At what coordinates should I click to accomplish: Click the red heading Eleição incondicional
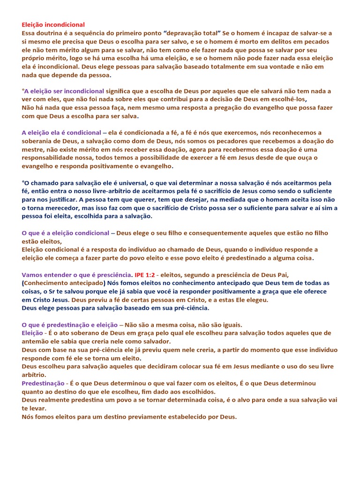(x=53, y=24)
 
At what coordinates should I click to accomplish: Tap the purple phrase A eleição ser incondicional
(x=63, y=90)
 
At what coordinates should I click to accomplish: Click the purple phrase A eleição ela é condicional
(x=61, y=133)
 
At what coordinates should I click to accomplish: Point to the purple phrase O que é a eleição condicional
(x=65, y=233)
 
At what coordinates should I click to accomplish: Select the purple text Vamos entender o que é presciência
(x=77, y=275)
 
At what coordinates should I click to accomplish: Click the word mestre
(x=32, y=150)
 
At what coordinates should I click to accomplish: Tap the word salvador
(x=156, y=342)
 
